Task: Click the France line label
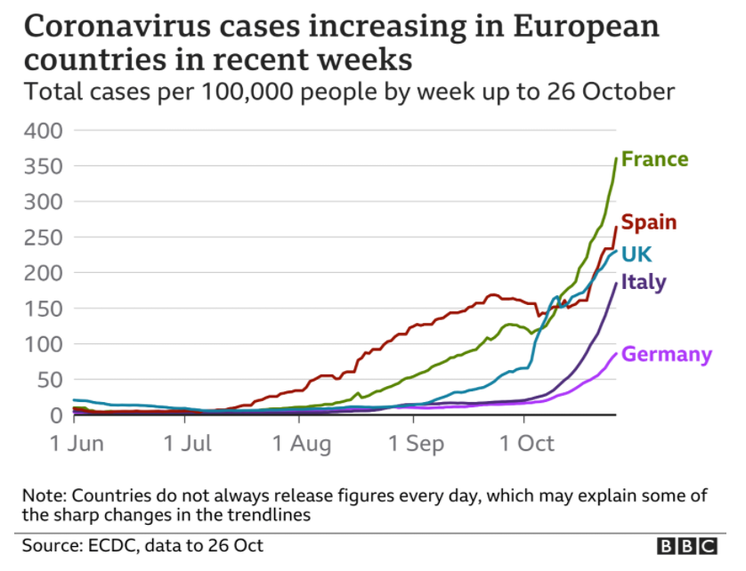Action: click(654, 159)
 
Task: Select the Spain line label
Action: click(648, 222)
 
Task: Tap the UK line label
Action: click(637, 254)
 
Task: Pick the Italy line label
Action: click(643, 283)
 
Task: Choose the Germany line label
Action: click(666, 354)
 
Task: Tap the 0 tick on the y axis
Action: click(55, 415)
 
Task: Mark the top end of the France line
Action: click(616, 158)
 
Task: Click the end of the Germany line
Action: click(616, 353)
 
